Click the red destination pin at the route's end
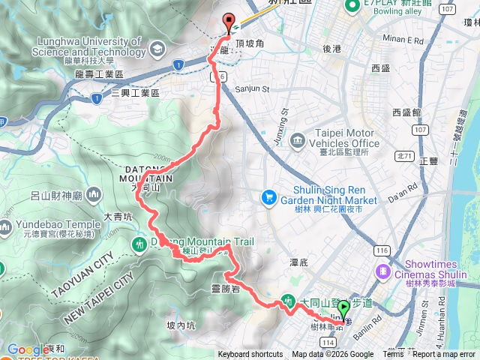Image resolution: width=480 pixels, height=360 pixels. click(x=229, y=22)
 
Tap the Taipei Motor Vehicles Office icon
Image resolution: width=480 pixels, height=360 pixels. click(x=298, y=139)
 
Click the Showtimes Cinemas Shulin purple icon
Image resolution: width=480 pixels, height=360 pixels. click(x=383, y=270)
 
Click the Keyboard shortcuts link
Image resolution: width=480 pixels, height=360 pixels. click(x=250, y=355)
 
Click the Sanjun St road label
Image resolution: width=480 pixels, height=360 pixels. click(x=252, y=88)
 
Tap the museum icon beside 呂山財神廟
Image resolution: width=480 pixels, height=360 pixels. click(x=94, y=196)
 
